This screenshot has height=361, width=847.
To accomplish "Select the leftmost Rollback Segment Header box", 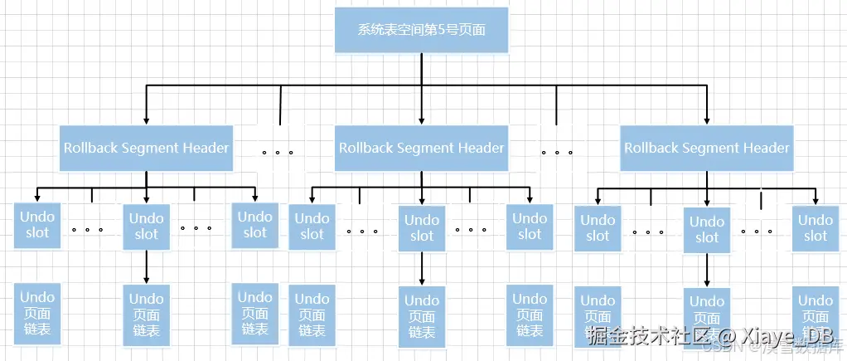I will point(146,149).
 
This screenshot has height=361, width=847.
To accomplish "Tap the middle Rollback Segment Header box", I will point(421,149).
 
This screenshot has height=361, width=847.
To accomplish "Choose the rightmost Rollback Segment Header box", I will point(706,149).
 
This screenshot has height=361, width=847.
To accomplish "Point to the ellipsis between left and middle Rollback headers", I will point(278,153).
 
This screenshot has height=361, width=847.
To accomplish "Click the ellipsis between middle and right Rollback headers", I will point(557,153).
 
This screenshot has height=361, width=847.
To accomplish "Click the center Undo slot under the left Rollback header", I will point(147,227).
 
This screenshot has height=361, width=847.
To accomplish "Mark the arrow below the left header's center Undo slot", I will point(147,267).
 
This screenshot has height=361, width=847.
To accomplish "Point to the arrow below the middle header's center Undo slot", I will point(422,269).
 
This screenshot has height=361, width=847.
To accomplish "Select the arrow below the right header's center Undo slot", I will point(707,271).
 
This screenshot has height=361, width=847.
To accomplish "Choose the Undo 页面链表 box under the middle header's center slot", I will point(422,315).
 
